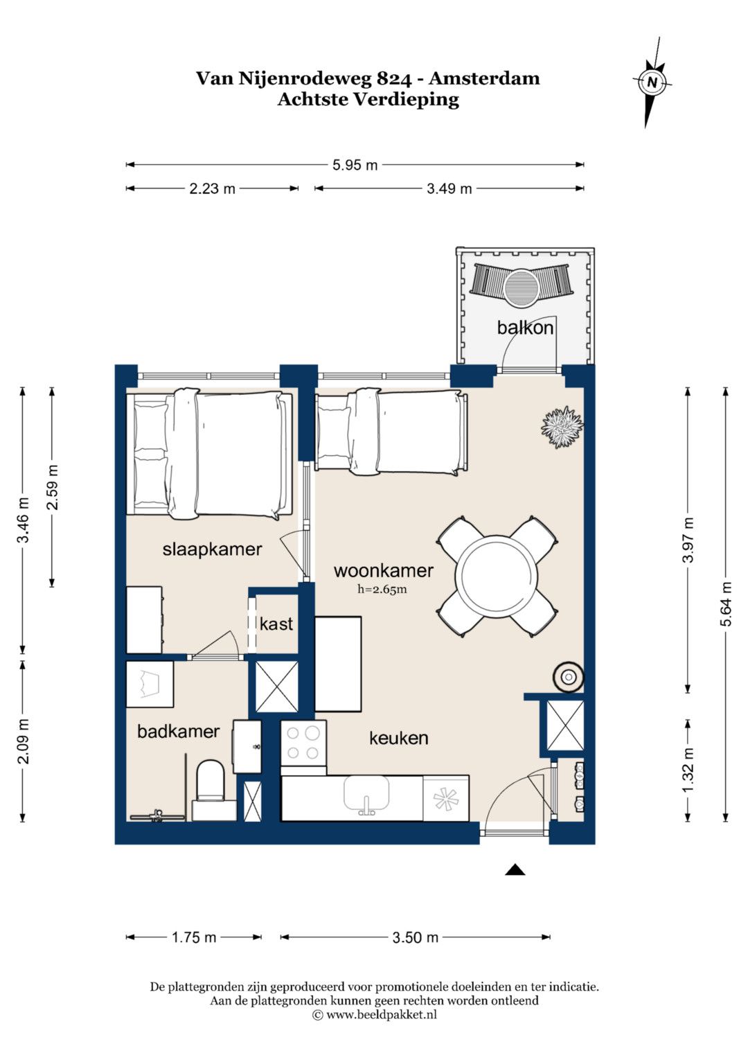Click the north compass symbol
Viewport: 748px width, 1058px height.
point(652,82)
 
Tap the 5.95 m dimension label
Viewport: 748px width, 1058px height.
point(355,166)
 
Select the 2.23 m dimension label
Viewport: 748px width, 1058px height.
point(212,189)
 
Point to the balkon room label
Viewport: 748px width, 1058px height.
point(525,328)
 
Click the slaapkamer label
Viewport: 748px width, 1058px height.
point(212,549)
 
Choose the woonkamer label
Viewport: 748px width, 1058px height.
point(384,570)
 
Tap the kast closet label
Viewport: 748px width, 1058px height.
point(276,624)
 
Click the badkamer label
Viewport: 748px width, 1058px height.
point(178,732)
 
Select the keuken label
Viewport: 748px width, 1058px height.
point(398,738)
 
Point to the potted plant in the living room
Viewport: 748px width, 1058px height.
point(562,427)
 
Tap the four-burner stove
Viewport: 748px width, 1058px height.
point(303,743)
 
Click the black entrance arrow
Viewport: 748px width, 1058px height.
point(515,870)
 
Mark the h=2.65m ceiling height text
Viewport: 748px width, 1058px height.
point(382,590)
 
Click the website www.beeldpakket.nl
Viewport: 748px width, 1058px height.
point(381,1014)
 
